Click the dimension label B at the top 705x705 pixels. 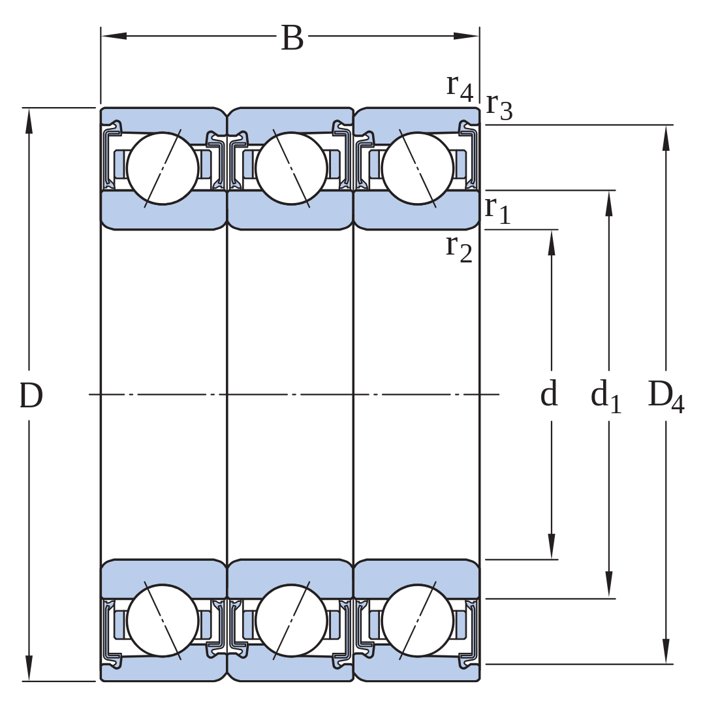(x=292, y=38)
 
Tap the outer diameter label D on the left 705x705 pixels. (x=31, y=396)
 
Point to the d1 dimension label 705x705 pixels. (x=606, y=396)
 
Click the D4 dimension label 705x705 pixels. (x=666, y=396)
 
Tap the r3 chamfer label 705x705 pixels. (x=499, y=106)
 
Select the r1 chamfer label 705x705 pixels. (x=497, y=210)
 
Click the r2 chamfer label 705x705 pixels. (x=459, y=249)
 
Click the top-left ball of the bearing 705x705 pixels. (x=163, y=168)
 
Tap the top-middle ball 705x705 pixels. (x=291, y=168)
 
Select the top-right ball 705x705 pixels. (x=418, y=168)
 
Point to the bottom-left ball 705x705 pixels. (x=163, y=621)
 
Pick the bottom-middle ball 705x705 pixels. (x=291, y=621)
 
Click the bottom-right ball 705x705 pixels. (x=418, y=621)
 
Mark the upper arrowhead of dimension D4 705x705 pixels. (x=666, y=138)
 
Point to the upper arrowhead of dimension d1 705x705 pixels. (x=609, y=204)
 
